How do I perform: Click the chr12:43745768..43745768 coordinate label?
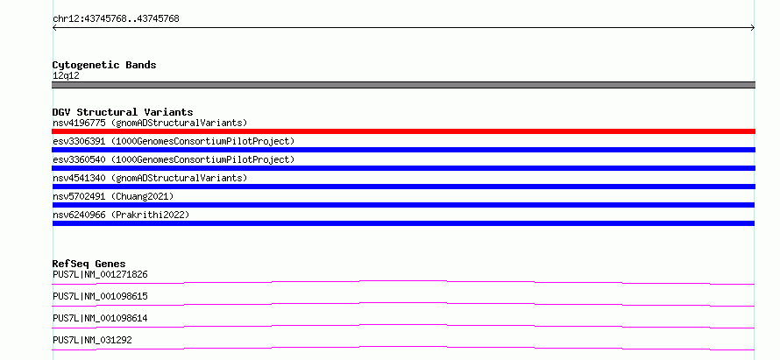tap(116, 19)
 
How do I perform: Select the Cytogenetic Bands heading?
tap(104, 65)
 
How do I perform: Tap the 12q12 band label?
tap(66, 76)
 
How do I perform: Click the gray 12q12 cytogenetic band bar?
tap(403, 85)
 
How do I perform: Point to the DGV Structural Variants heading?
tap(123, 112)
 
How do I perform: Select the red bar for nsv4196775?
tap(403, 131)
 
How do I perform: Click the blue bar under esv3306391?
tap(403, 150)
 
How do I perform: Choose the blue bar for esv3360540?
tap(403, 168)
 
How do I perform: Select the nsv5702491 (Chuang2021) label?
tap(113, 196)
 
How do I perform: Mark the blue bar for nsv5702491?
tap(403, 205)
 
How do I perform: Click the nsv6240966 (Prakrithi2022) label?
tap(121, 215)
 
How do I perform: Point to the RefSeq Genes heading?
tap(89, 264)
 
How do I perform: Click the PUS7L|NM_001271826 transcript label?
tap(100, 274)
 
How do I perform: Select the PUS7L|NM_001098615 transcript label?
tap(100, 296)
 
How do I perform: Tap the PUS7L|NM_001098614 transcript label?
tap(100, 318)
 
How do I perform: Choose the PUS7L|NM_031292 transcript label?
tap(92, 340)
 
